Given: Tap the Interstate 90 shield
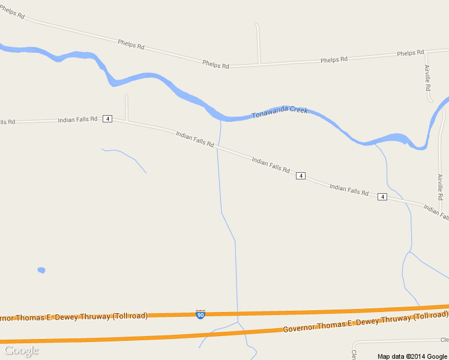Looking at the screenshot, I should pos(200,314).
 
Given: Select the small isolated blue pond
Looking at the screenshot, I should pos(41,270).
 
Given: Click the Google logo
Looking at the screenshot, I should pos(21,350).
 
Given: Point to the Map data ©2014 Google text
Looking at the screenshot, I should pos(413,356).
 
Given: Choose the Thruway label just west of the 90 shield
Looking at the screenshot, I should pos(73,317).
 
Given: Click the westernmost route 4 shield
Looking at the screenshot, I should pos(107,119).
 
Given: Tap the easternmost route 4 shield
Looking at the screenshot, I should pos(382,197).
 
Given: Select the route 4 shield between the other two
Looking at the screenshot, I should pos(301,176).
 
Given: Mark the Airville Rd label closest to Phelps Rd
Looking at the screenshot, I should pos(428,78).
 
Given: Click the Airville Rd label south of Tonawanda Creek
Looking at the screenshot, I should pos(440,187).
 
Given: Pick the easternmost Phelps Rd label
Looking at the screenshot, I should pos(411,53).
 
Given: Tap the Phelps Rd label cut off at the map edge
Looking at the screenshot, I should pos(12,13).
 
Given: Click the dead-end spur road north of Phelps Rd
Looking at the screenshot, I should pos(258,42).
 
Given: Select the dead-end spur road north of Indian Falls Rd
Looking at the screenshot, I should pos(126,106).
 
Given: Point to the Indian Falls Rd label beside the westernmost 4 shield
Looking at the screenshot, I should pos(77,119).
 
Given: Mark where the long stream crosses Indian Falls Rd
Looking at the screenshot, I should pos(218,147).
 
